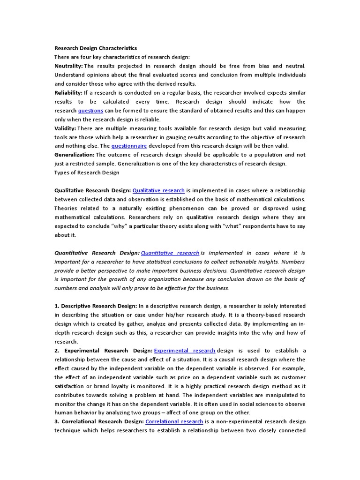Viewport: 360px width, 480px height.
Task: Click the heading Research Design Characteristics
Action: [96, 48]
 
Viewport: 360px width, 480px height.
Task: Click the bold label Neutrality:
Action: [68, 66]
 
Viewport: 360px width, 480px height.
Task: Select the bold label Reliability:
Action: [68, 93]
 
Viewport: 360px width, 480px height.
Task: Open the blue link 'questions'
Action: [90, 111]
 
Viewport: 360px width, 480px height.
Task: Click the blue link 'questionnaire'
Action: [129, 146]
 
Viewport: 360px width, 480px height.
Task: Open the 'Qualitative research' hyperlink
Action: [158, 190]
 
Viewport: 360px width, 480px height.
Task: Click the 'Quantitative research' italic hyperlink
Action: [170, 253]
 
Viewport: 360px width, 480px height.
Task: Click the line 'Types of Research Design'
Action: [87, 172]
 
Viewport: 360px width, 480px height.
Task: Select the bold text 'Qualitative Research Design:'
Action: [93, 190]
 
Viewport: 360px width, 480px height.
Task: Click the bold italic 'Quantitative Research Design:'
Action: [97, 253]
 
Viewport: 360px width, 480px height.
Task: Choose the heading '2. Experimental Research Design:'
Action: [103, 350]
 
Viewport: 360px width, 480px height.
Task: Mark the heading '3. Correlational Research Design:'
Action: [99, 421]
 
